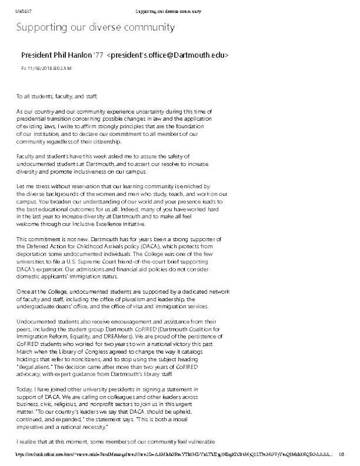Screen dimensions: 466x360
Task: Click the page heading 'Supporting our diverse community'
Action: tap(95, 27)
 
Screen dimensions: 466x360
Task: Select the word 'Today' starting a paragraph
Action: tap(24, 387)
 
